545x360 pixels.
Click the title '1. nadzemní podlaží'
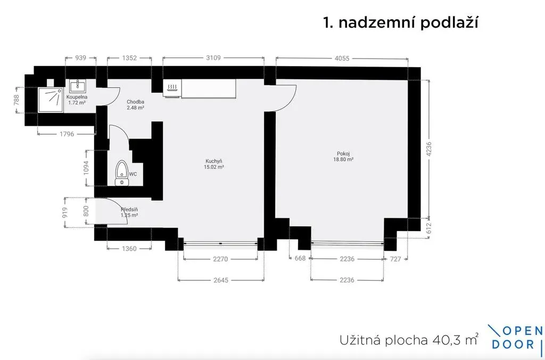pyautogui.click(x=400, y=23)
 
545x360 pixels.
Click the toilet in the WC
pyautogui.click(x=122, y=173)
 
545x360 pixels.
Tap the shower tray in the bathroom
pyautogui.click(x=51, y=100)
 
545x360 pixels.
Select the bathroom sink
pyautogui.click(x=78, y=86)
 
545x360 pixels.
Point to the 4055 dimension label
pyautogui.click(x=342, y=59)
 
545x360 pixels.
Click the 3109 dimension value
pyautogui.click(x=213, y=58)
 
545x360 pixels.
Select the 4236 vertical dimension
pyautogui.click(x=428, y=149)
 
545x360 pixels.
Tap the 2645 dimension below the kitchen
pyautogui.click(x=221, y=280)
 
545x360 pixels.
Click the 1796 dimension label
pyautogui.click(x=67, y=134)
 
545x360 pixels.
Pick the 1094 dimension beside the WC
pyautogui.click(x=86, y=168)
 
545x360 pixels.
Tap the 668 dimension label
pyautogui.click(x=300, y=258)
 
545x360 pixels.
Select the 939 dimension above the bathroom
pyautogui.click(x=81, y=58)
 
